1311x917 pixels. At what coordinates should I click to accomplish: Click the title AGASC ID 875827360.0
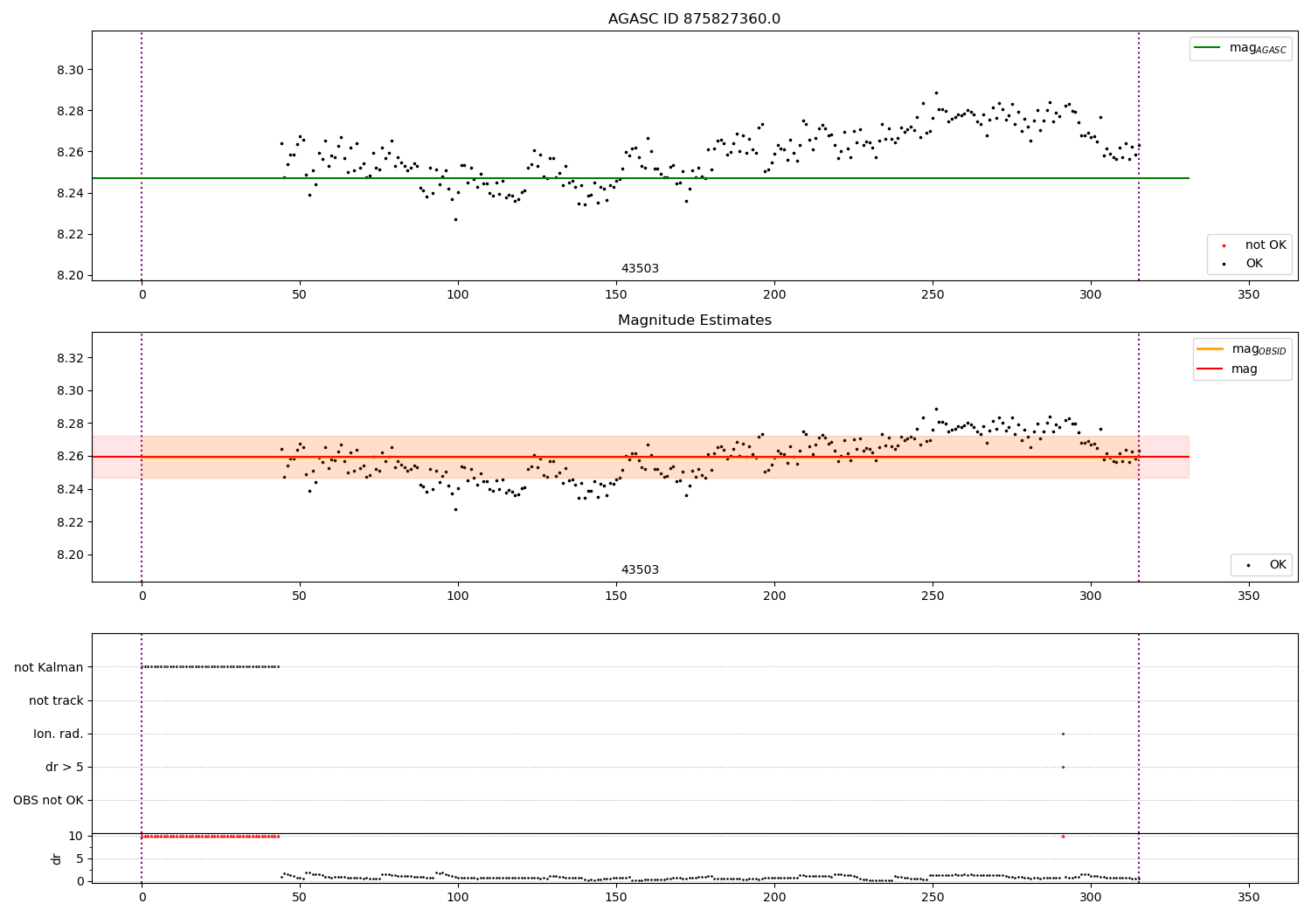coord(694,19)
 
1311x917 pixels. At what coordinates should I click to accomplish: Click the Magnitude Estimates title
coord(694,321)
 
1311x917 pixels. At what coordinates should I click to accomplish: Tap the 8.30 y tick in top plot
coord(69,70)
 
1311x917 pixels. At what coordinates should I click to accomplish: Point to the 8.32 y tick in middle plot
coord(69,358)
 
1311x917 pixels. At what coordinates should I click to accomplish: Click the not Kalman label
coord(49,667)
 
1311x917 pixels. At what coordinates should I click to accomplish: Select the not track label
coord(56,700)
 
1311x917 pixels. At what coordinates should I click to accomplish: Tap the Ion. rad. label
coord(58,734)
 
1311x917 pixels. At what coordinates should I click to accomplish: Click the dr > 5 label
coord(64,767)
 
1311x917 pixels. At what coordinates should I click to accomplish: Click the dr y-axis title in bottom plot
coord(57,858)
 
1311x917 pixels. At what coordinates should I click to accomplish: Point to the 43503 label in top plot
coord(640,269)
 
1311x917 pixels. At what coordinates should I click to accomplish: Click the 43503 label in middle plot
coord(640,570)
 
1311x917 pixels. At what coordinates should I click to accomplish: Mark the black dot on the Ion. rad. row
coord(1063,734)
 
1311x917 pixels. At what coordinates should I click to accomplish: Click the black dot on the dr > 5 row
coord(1063,767)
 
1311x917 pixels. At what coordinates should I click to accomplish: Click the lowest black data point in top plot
coord(455,219)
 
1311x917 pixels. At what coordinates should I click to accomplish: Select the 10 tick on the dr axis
coord(75,836)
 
